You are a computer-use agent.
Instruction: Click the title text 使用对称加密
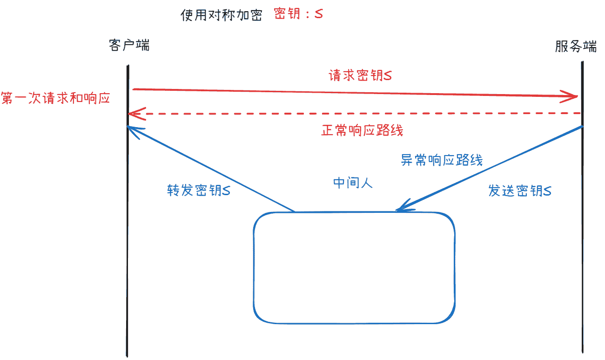point(222,15)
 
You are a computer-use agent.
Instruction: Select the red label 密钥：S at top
point(298,14)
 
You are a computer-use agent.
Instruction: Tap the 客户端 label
point(129,45)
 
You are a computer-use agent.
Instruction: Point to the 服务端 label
point(576,46)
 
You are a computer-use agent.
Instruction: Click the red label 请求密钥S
point(360,75)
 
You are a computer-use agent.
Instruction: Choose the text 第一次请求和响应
point(55,98)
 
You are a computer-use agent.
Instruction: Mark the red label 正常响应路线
point(362,130)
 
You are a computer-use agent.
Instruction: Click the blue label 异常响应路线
point(442,160)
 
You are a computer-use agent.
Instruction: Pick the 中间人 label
point(353,183)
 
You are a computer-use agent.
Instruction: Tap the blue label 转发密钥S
point(199,190)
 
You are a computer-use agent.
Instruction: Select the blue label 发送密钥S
point(520,190)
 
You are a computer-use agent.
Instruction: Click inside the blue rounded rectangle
point(354,268)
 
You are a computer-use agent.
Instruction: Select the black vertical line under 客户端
point(128,211)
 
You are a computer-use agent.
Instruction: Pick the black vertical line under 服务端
point(582,207)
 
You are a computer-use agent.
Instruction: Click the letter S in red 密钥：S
point(319,14)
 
